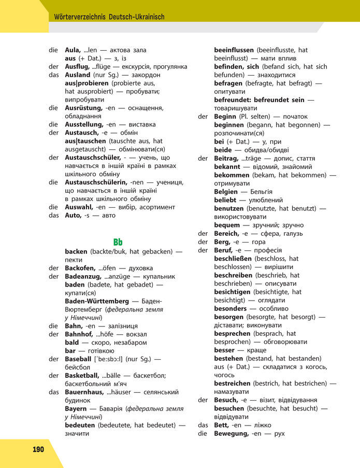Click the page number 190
click(x=38, y=449)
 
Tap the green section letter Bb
click(x=118, y=242)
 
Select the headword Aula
click(x=73, y=50)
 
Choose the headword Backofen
click(x=80, y=268)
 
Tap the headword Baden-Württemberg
click(x=97, y=301)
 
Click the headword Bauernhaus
click(x=85, y=392)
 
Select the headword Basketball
click(x=82, y=375)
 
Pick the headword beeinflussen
click(x=234, y=50)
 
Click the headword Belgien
click(x=226, y=192)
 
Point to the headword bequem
click(x=227, y=225)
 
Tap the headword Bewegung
click(x=232, y=433)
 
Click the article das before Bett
click(x=203, y=425)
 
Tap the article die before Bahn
click(x=53, y=326)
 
